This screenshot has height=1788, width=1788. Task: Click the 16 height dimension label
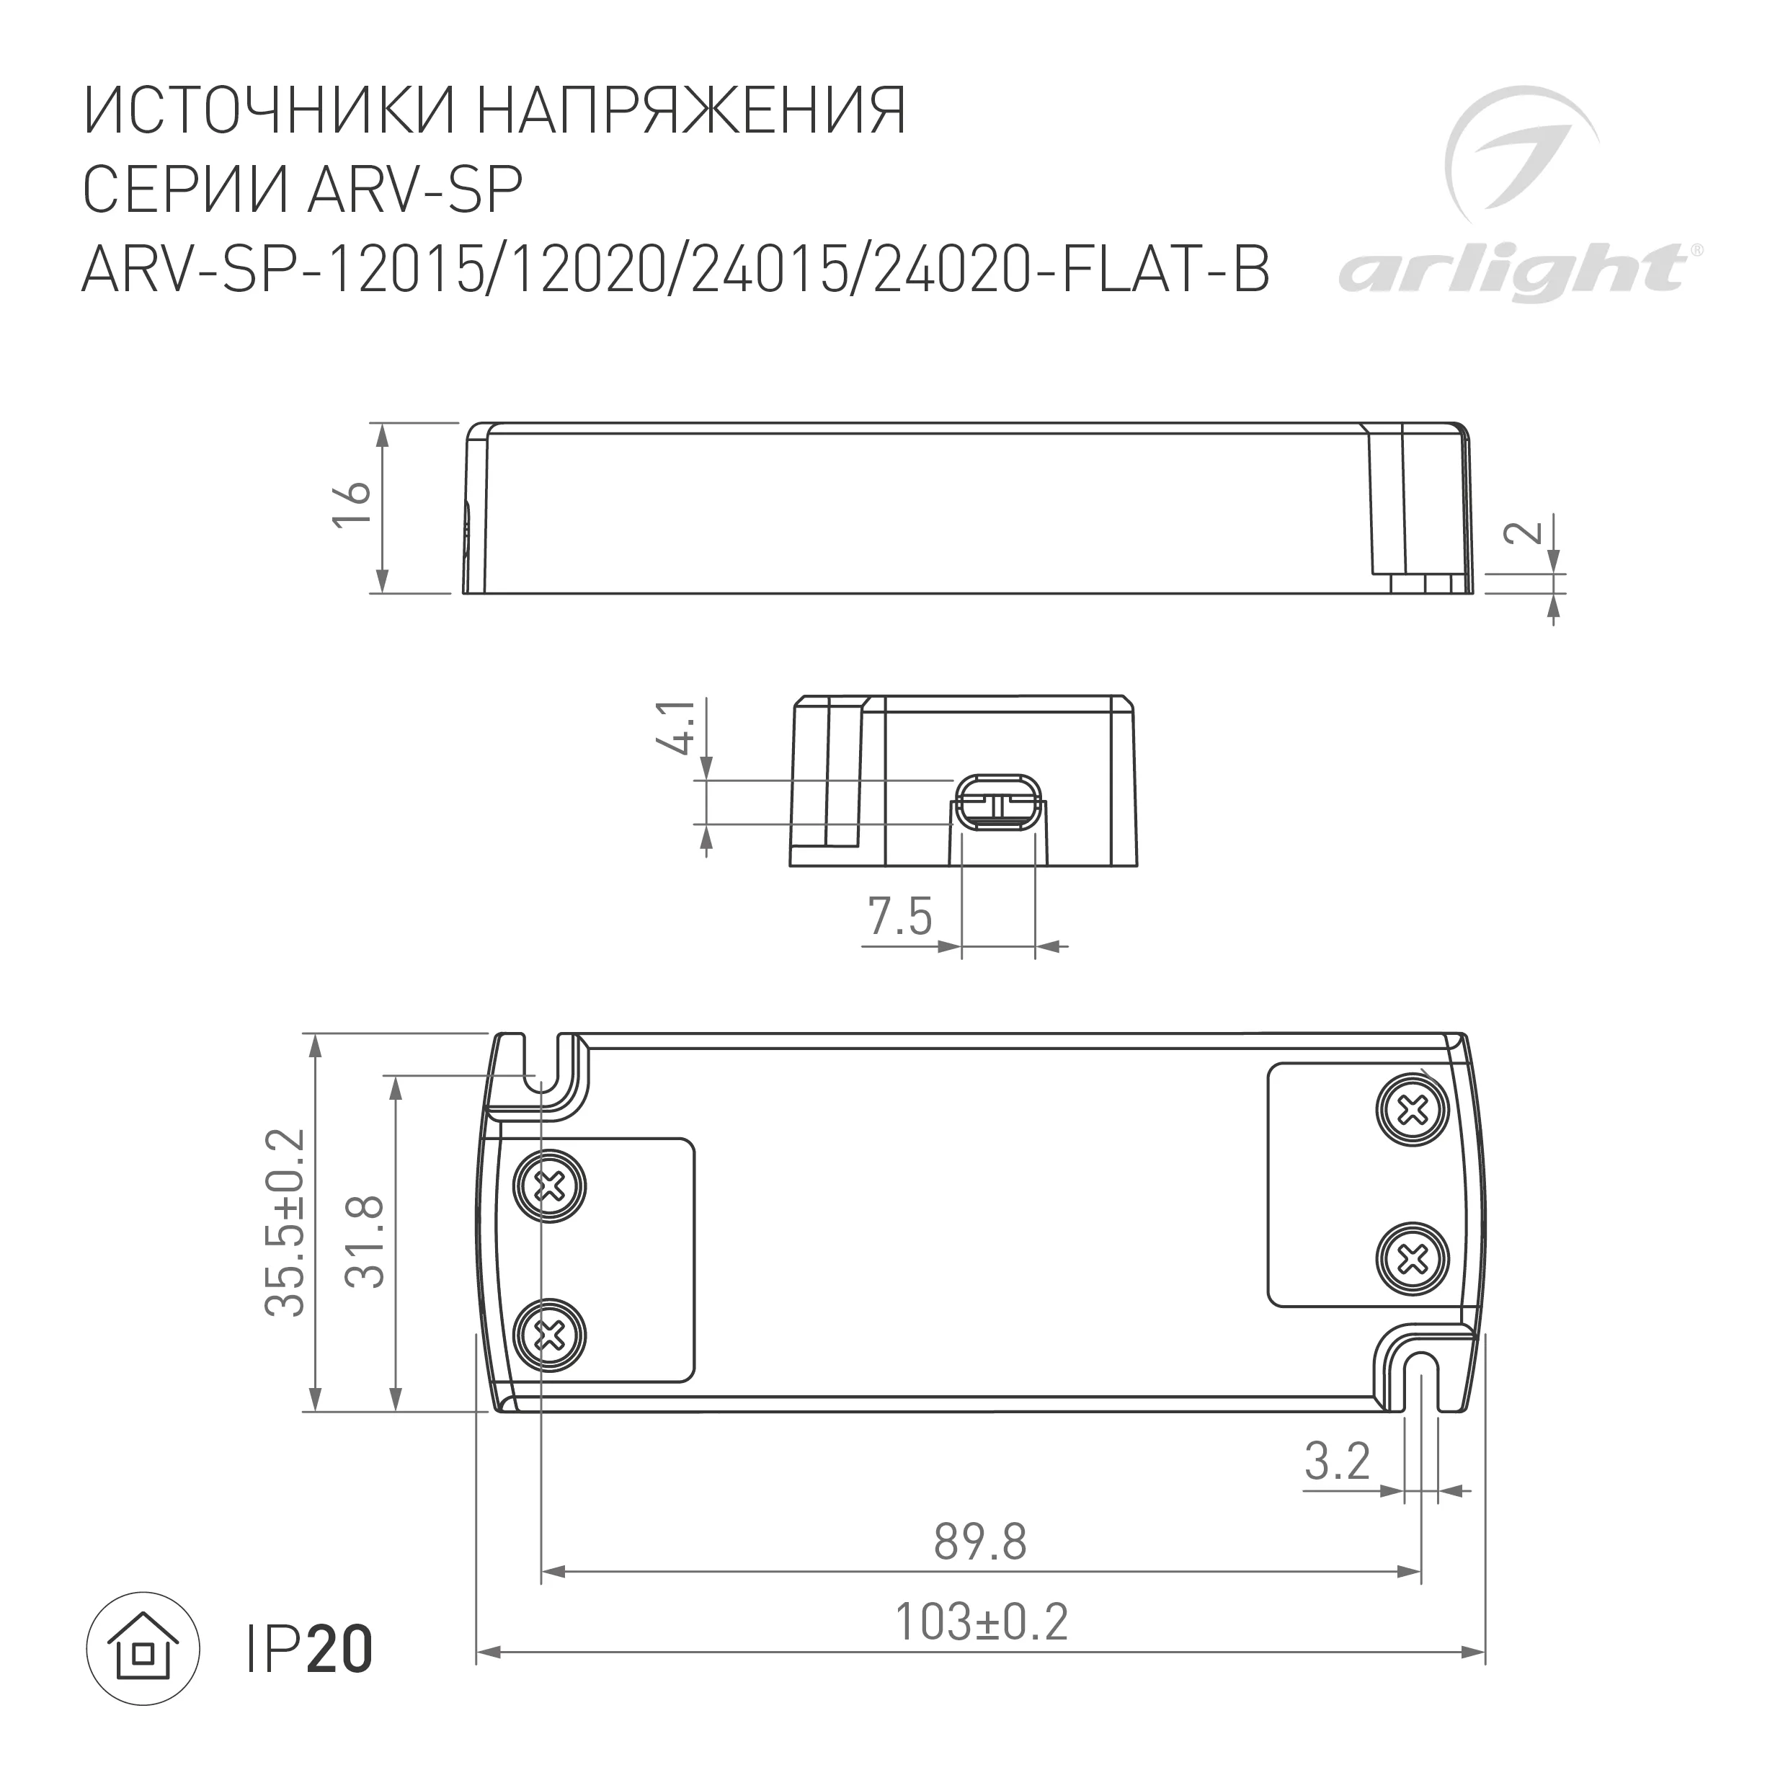point(352,505)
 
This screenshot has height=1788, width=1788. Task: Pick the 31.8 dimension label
point(365,1242)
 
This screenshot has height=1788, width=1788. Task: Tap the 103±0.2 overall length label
point(980,1622)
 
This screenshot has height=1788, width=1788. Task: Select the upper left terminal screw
point(551,1185)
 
